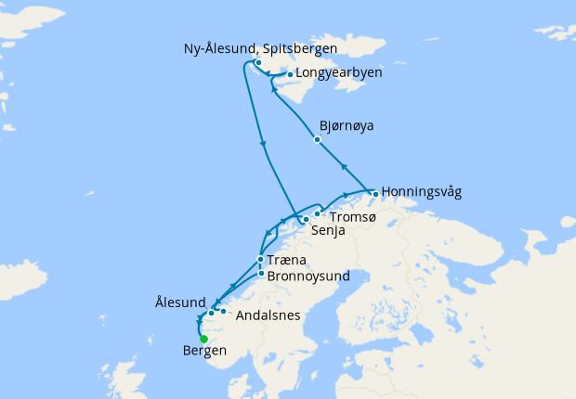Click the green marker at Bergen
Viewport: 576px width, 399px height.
point(203,339)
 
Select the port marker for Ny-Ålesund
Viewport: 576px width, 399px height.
point(257,63)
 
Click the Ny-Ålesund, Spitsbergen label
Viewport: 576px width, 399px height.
point(260,48)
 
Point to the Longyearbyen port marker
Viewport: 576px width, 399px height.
point(291,75)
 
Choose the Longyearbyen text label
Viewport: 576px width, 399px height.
point(338,72)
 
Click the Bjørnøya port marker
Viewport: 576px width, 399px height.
point(318,139)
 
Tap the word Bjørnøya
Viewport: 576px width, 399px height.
point(347,124)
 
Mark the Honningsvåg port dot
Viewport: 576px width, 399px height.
point(374,194)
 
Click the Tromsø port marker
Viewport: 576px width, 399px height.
point(317,215)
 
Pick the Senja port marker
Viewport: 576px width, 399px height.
point(304,220)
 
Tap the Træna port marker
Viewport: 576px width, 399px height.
point(260,260)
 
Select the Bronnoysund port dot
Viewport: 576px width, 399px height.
point(261,274)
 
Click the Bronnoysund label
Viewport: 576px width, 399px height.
point(308,276)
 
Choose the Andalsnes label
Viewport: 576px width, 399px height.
point(268,315)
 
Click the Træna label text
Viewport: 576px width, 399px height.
point(288,261)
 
